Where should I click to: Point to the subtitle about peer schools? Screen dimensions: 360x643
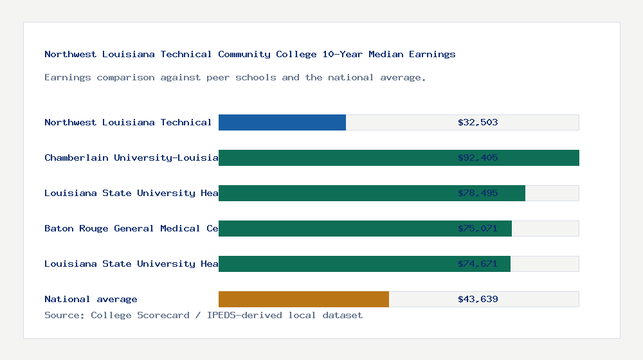point(235,77)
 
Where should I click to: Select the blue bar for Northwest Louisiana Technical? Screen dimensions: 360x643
point(282,122)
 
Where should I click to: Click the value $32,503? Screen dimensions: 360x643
point(478,122)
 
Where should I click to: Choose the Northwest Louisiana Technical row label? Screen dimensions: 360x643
point(128,122)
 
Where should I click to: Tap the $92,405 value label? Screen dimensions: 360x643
point(478,157)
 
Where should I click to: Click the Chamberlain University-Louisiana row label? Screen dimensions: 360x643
point(131,157)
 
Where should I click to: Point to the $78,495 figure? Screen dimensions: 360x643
point(478,193)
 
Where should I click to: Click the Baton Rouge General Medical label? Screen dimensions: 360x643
point(131,228)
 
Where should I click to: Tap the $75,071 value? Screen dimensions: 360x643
point(478,228)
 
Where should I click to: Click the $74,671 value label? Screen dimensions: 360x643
point(478,264)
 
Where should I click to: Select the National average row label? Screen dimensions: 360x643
point(91,299)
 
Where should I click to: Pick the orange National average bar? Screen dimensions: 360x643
point(303,299)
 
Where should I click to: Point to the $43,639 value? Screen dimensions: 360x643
point(478,299)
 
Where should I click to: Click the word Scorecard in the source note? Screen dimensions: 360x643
point(163,315)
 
